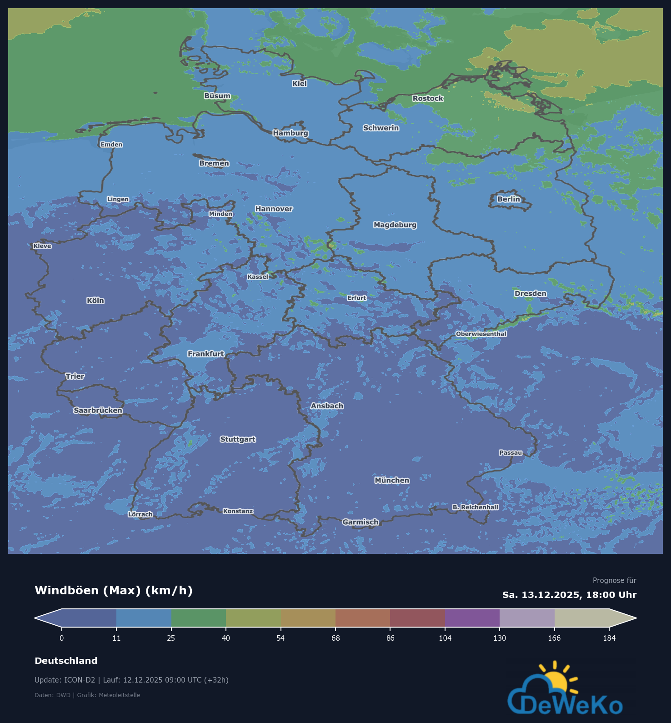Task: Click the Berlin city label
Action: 508,199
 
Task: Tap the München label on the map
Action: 392,480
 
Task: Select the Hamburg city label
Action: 290,133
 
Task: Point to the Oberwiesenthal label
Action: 481,334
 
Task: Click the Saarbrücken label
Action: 98,410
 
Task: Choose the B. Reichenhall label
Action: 475,507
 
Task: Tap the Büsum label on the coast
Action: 217,96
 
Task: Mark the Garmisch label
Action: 361,522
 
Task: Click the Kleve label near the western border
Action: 42,246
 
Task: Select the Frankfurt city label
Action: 205,354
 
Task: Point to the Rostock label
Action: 428,98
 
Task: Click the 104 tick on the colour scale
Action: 445,638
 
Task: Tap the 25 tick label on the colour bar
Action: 171,638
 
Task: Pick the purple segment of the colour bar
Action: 472,618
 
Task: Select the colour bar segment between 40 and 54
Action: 253,618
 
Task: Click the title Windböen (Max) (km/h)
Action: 114,590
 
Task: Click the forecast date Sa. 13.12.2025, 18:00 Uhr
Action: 569,595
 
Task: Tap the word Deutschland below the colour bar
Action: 66,661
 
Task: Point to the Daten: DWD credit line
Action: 87,695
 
